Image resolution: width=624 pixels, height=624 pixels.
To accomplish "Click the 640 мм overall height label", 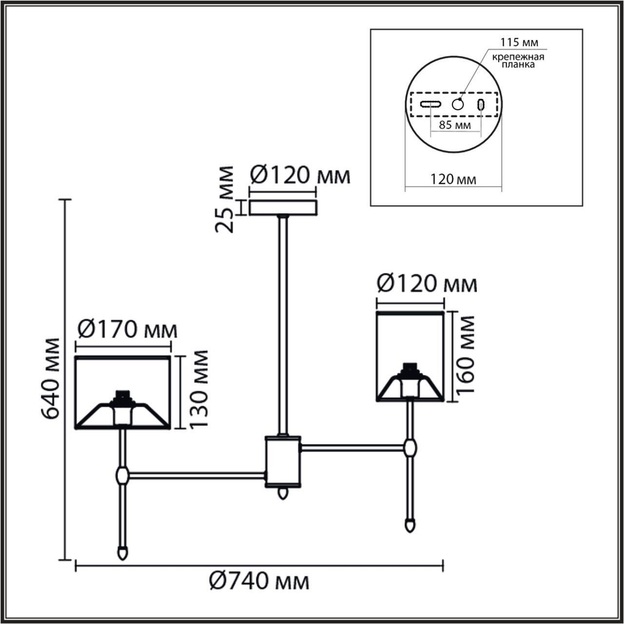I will coord(50,379).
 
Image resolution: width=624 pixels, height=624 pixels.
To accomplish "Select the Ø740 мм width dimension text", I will coord(259,582).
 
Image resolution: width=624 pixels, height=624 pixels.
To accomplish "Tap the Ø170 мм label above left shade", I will coord(125,329).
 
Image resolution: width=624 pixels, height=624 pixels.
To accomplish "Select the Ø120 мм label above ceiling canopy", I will coord(300,175).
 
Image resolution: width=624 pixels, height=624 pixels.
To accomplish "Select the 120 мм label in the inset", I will coord(454,180).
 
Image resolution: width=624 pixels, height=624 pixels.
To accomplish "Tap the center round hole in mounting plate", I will coord(459,104).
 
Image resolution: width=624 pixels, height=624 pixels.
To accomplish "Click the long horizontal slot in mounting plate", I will coord(431,104).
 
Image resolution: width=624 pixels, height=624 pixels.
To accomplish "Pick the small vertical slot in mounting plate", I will coord(481,104).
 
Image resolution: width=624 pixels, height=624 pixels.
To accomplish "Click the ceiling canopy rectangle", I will coord(284,207).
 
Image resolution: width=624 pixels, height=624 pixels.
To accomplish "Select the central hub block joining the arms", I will coord(283,461).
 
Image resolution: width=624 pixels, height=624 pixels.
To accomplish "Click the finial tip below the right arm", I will coord(410,523).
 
